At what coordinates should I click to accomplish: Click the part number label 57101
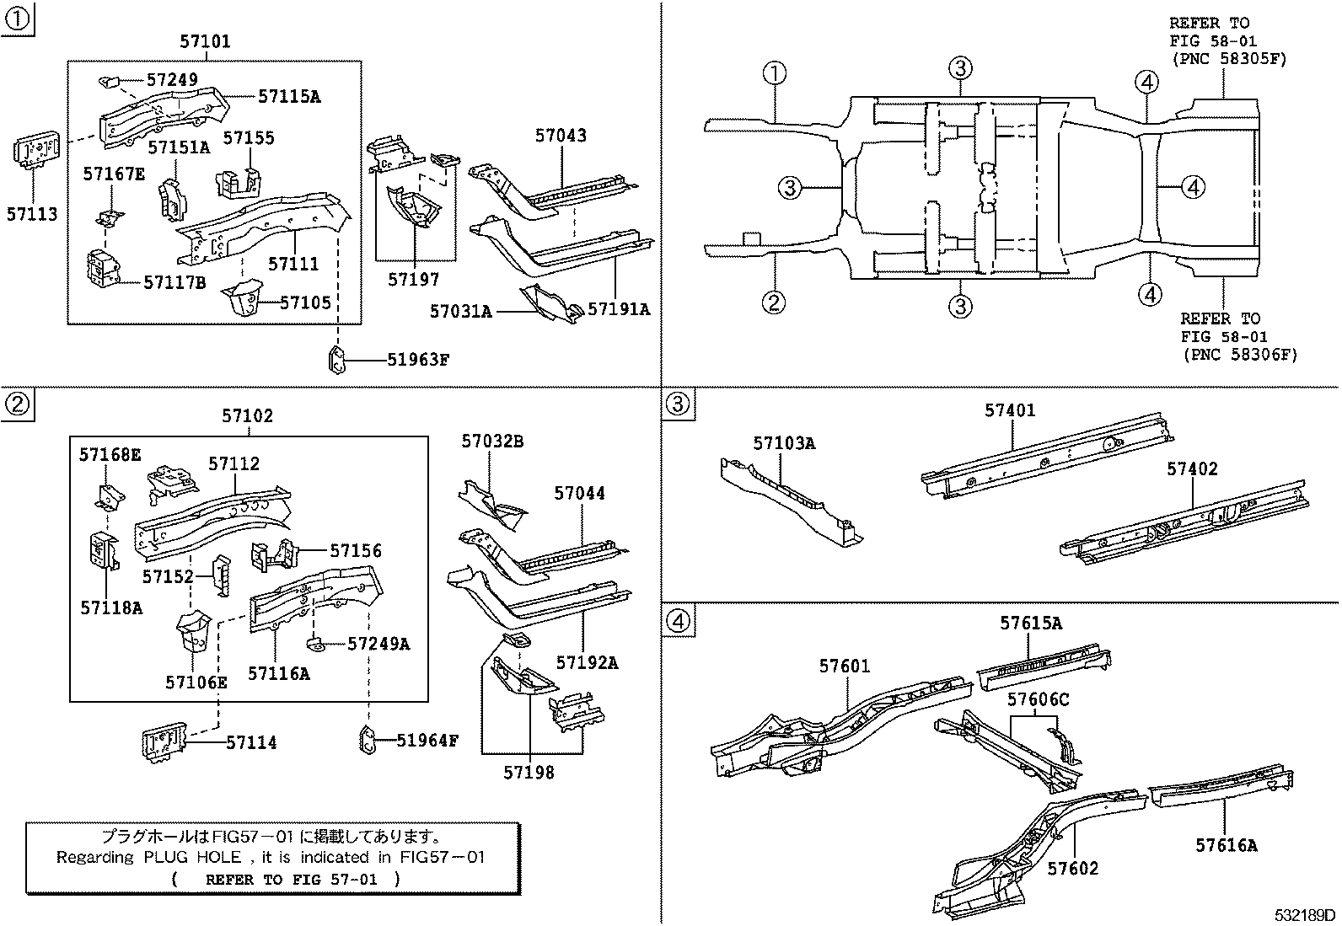coord(205,41)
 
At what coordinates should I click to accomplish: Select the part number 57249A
coord(378,644)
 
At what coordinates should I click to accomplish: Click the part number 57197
coord(414,279)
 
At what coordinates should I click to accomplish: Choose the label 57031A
coord(460,311)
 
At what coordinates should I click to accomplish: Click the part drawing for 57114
coord(163,744)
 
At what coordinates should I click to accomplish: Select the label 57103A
coord(784,443)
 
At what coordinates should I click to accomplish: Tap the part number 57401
coord(1010,410)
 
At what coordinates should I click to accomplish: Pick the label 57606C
coord(1038,699)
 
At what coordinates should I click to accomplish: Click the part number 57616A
coord(1226,845)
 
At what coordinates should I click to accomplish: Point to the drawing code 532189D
coord(1304,915)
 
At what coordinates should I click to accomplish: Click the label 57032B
coord(492,442)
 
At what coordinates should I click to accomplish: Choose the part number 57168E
coord(110,455)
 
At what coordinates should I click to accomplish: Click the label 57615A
coord(1031,624)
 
